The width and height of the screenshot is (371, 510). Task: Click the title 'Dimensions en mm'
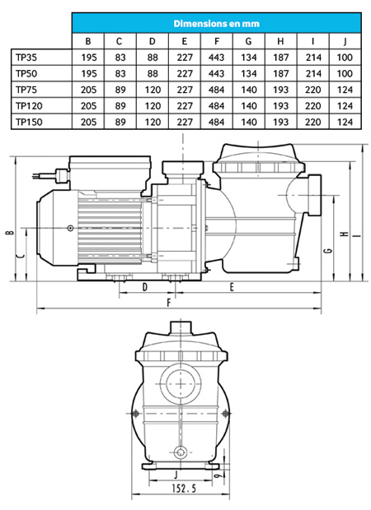pos(216,23)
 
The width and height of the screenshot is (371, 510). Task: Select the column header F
pos(217,41)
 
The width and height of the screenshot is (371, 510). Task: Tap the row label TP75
pos(26,90)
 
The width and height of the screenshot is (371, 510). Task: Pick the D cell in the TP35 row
pos(153,58)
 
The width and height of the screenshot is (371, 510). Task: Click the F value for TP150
pos(217,122)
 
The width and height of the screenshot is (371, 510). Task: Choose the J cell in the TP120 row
pos(345,106)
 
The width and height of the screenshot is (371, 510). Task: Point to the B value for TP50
pos(89,73)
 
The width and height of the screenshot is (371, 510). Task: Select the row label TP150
pos(29,122)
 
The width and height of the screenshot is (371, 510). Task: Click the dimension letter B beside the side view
pos(11,232)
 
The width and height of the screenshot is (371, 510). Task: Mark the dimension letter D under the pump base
pos(145,287)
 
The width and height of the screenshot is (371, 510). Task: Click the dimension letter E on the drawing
pos(232,287)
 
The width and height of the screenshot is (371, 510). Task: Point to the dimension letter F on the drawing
pos(168,304)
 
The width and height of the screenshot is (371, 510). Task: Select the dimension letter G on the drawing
pos(329,250)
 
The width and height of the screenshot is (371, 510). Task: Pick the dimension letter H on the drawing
pos(345,234)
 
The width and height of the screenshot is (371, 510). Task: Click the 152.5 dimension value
pos(184,489)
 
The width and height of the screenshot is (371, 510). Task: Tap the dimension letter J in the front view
pos(176,475)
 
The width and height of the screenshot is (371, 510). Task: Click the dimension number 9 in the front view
pos(218,475)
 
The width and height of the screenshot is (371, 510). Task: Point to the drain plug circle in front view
pos(181,452)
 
